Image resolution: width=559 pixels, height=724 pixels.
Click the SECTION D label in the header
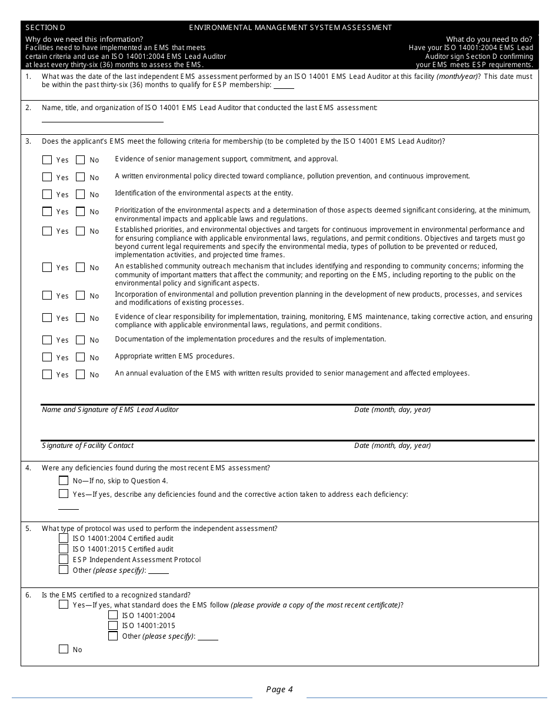click(45, 28)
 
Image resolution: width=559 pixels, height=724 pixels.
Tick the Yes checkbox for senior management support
click(47, 160)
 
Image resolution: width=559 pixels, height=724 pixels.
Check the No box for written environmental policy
click(80, 177)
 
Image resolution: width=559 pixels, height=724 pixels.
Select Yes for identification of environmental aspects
click(47, 194)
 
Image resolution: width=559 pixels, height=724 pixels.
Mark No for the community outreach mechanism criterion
click(80, 267)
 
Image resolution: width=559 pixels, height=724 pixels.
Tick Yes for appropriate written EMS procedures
click(47, 357)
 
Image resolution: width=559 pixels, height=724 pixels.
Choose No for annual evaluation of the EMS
click(80, 374)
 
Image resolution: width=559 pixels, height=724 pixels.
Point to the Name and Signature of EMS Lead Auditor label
click(110, 410)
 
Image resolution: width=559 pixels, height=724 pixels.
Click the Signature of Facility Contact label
click(88, 446)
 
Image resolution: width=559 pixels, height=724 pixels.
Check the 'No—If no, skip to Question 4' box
click(64, 480)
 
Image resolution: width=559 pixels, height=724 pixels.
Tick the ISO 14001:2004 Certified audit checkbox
click(64, 538)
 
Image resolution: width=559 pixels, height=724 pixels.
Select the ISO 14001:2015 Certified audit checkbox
click(64, 549)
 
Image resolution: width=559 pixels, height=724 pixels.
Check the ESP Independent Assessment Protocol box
click(64, 559)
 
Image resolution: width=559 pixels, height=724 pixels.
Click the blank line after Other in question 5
click(158, 572)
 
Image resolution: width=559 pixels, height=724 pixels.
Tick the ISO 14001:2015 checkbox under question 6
click(113, 625)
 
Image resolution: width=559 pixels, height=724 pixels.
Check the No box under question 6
click(64, 649)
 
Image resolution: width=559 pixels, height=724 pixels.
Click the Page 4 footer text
click(279, 690)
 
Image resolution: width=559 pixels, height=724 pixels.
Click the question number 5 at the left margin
click(28, 529)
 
